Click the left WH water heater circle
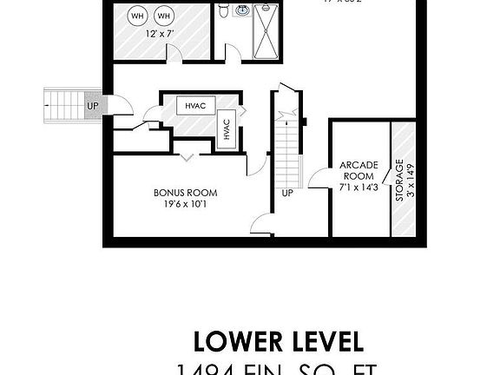coord(137,16)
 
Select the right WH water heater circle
coord(164,16)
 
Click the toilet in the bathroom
coord(224,12)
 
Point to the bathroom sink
coord(242,11)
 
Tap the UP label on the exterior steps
coord(92,106)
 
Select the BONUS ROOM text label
coord(185,193)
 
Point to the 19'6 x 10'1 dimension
coord(185,204)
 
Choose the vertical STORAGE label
coord(398,181)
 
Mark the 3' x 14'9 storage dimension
coord(410,181)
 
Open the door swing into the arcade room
coord(318,176)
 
